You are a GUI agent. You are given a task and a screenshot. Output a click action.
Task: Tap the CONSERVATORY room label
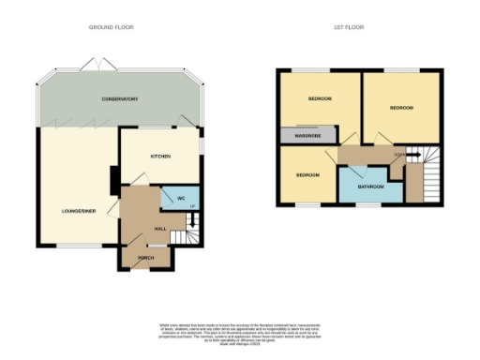tap(120, 99)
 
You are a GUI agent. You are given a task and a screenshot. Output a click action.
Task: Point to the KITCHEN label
tap(160, 156)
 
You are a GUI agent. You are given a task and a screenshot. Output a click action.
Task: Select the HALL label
tap(160, 229)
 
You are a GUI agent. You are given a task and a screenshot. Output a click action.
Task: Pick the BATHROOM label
tap(372, 187)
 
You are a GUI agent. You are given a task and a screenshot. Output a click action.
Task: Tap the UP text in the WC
tap(191, 206)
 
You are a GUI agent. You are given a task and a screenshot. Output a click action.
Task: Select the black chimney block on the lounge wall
tap(112, 178)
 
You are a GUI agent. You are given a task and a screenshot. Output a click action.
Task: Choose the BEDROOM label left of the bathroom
tap(307, 175)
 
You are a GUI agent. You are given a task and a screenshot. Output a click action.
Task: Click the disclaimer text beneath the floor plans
tap(239, 334)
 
